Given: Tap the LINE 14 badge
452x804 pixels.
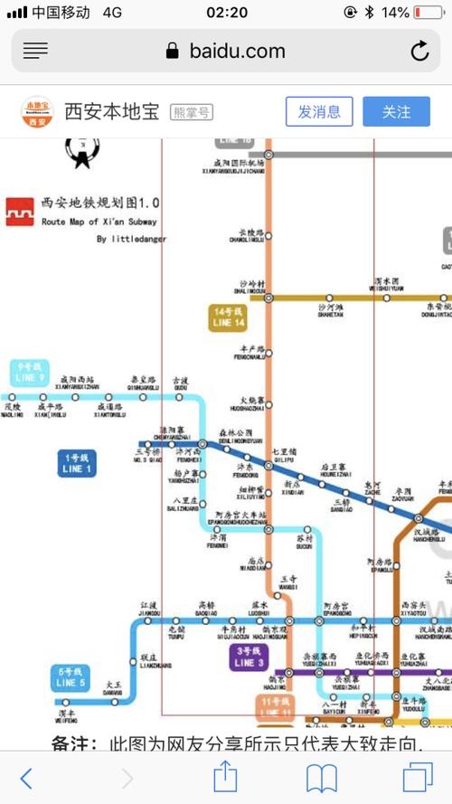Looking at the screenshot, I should [228, 317].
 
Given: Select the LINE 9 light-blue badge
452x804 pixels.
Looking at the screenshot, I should [31, 372].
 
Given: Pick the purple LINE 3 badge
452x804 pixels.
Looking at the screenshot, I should [249, 657].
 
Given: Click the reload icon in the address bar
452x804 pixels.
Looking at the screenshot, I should [419, 52].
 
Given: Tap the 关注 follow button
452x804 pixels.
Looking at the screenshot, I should [396, 111].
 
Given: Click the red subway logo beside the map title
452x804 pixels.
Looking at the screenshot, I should [19, 211].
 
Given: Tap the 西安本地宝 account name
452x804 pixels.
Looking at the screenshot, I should [111, 111].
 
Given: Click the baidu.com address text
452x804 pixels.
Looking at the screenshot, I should [237, 52].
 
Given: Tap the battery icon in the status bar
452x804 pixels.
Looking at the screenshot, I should [428, 13].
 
